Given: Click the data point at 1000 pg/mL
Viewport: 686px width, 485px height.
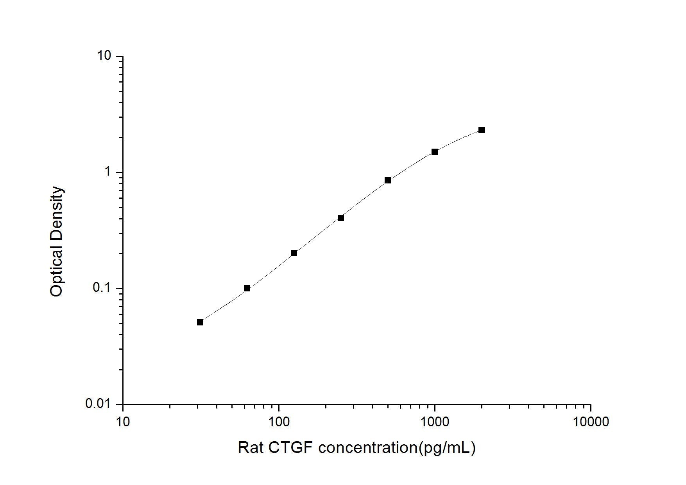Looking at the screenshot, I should click(434, 152).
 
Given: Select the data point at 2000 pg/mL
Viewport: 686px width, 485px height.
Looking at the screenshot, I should click(481, 130).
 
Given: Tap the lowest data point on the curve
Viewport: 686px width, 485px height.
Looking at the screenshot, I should click(200, 322).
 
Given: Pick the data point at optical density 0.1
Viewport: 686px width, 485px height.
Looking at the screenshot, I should click(247, 288).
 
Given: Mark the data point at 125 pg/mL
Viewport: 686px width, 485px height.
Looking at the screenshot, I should click(294, 253).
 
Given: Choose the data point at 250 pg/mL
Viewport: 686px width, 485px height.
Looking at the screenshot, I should click(341, 218).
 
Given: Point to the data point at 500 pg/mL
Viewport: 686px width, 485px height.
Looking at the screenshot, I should click(388, 180).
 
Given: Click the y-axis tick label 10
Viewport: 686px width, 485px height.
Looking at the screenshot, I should click(104, 56).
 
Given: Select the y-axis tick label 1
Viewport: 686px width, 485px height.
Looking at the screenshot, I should click(108, 172).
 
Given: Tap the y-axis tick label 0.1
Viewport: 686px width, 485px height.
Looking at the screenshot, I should click(102, 288).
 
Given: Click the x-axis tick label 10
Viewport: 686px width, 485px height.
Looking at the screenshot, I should click(123, 421).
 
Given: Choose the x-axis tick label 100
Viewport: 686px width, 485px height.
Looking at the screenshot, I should click(279, 421).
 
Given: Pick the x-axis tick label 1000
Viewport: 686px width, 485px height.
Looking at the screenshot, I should click(435, 421).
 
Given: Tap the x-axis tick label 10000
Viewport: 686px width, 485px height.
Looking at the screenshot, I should click(591, 421).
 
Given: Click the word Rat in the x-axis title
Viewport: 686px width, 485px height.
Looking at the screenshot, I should click(251, 447).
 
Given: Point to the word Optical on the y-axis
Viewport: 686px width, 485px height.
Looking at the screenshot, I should click(57, 270).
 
